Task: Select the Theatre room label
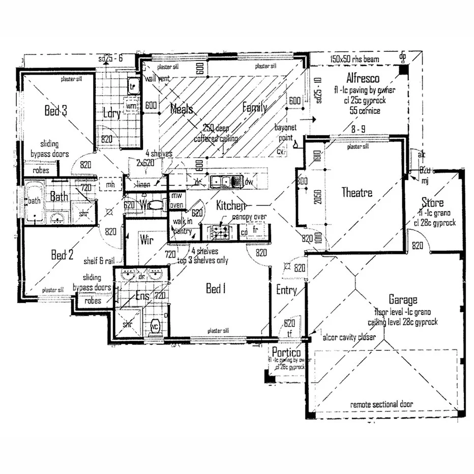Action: tap(357, 193)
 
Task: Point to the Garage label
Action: tap(403, 300)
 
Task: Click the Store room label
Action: tap(432, 203)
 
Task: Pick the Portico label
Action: tap(285, 352)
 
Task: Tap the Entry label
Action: tap(286, 290)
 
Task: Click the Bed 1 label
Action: tap(215, 289)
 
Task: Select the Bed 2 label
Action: tap(62, 255)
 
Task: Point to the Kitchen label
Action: tap(231, 205)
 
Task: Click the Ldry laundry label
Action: tap(111, 113)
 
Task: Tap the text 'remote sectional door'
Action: tap(381, 404)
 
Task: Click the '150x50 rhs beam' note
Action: tap(354, 60)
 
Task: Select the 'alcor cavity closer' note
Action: tap(349, 337)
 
